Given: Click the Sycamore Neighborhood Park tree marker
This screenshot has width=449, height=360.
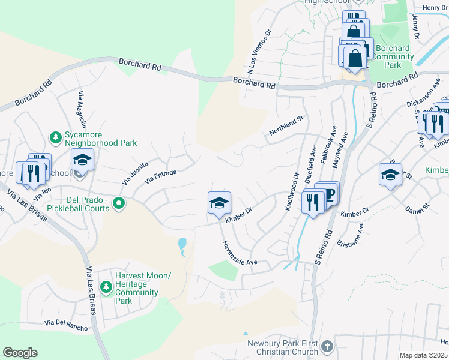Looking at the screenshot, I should point(56,137).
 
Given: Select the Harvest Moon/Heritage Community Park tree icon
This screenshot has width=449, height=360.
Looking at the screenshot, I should point(106,288).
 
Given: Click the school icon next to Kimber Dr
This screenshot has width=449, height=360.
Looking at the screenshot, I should point(219,203).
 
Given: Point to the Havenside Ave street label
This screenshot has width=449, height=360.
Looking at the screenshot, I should point(240,254).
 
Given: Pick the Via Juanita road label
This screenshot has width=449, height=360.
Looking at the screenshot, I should point(135,172).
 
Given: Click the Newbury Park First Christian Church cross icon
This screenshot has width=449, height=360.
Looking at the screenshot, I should point(327,347).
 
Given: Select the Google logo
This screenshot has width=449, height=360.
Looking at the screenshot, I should point(20,353).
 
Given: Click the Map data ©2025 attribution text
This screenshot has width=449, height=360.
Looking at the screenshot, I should point(423,355).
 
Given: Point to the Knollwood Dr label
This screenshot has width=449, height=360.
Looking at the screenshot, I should point(291,192).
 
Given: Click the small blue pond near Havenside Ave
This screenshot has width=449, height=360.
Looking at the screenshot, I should point(182,244).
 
